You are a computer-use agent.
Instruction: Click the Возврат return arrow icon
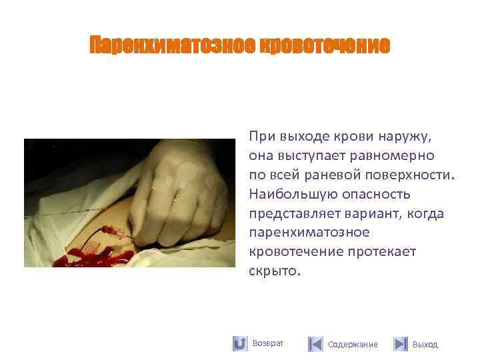240,344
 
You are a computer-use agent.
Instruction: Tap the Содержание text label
353,345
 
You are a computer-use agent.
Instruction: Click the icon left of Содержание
315,344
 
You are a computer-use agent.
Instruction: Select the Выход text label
425,345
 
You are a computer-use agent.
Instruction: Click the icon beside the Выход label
400,344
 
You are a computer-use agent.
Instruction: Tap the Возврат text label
268,343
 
